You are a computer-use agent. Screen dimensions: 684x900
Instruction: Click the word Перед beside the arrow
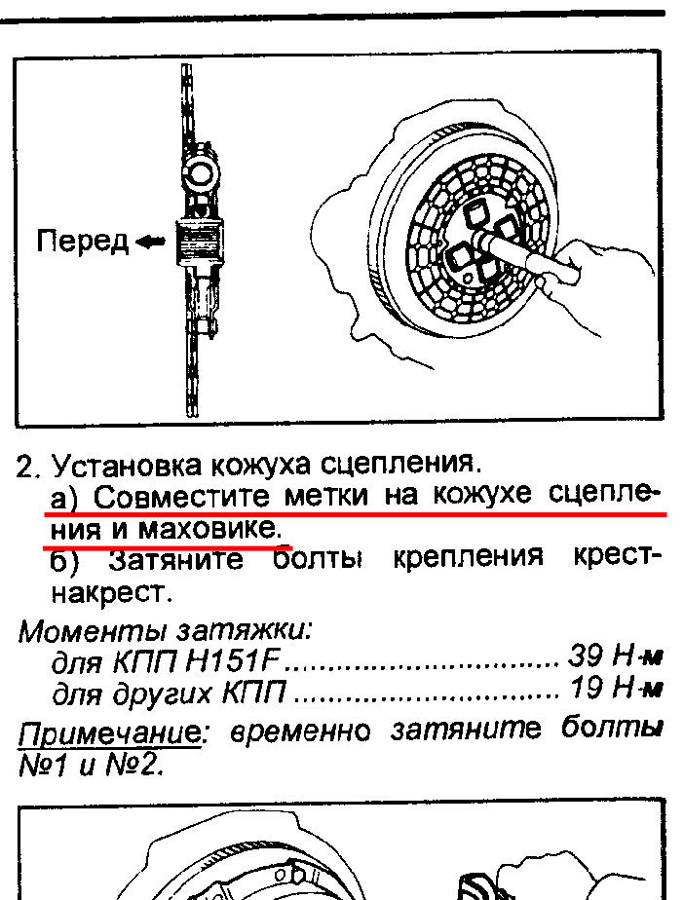(x=82, y=242)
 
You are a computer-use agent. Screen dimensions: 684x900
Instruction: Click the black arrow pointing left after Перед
(x=150, y=243)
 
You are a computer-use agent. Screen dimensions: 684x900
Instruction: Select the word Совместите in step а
(x=181, y=497)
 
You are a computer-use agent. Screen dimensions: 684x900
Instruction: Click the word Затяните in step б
(x=175, y=559)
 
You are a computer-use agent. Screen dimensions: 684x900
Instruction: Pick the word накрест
(x=113, y=593)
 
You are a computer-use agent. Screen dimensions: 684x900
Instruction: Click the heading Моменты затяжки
(x=166, y=631)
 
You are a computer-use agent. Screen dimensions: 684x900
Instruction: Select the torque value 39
(x=585, y=656)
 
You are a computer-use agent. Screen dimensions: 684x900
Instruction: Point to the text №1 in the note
(x=43, y=765)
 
